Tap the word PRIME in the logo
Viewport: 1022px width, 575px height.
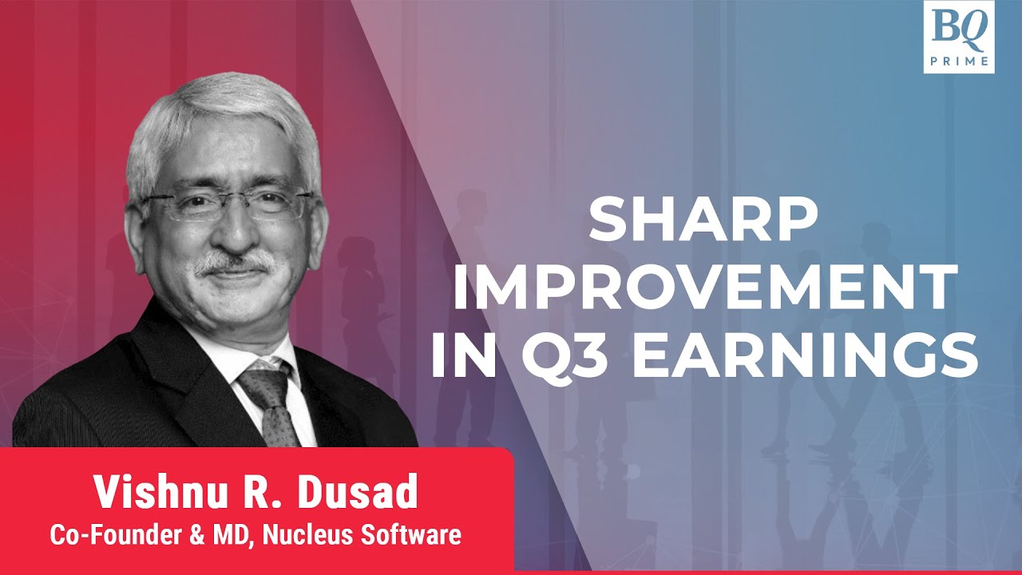coord(958,60)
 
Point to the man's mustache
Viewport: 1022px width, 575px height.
coord(233,262)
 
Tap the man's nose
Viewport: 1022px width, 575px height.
coord(232,232)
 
